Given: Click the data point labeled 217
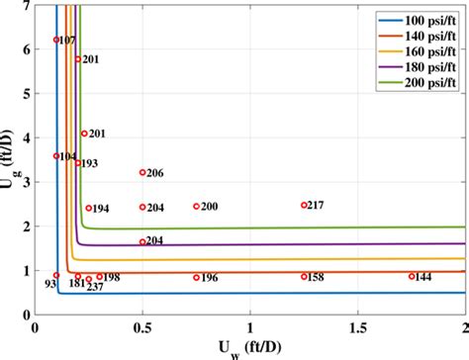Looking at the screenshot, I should pyautogui.click(x=304, y=205).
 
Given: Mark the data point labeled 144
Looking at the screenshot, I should pyautogui.click(x=412, y=276).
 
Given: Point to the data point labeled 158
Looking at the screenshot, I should pyautogui.click(x=304, y=276).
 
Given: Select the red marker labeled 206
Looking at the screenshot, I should pyautogui.click(x=142, y=172).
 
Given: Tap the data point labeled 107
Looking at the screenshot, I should pyautogui.click(x=56, y=40).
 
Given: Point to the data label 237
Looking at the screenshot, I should pyautogui.click(x=95, y=289).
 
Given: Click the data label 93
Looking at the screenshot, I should pyautogui.click(x=49, y=286).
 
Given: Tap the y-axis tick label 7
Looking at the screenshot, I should pyautogui.click(x=24, y=7).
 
